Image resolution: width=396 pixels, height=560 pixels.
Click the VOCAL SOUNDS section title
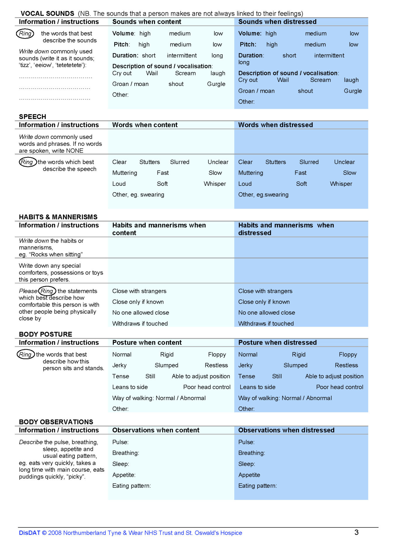(x=47, y=13)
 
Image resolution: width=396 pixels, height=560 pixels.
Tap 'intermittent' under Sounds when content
(x=182, y=55)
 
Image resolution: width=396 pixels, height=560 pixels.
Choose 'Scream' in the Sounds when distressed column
(x=320, y=80)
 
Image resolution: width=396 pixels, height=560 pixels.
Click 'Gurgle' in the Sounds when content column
(x=216, y=84)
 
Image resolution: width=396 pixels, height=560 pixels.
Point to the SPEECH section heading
(x=32, y=117)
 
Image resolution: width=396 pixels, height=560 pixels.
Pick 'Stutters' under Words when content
(x=149, y=162)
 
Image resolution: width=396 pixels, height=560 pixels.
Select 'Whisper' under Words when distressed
(x=341, y=184)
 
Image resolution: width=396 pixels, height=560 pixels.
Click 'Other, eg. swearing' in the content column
(x=138, y=195)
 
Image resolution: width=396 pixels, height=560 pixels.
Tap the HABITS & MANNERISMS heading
(x=58, y=217)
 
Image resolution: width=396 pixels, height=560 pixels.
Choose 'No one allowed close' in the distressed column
(x=266, y=313)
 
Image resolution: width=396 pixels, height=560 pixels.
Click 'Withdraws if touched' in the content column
(x=140, y=323)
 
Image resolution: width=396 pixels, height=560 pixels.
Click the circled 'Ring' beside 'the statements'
(x=47, y=291)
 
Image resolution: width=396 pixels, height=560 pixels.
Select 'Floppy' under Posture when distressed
(x=348, y=354)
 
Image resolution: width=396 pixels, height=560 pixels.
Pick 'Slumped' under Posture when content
(x=166, y=365)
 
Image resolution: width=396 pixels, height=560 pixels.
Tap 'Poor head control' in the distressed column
(x=339, y=387)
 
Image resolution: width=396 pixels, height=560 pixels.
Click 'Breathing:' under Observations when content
(x=125, y=453)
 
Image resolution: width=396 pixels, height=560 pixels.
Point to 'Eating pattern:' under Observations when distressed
(x=257, y=486)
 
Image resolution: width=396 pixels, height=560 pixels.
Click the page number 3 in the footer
(x=356, y=532)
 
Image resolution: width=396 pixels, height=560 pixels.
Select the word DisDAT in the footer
(x=29, y=533)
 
